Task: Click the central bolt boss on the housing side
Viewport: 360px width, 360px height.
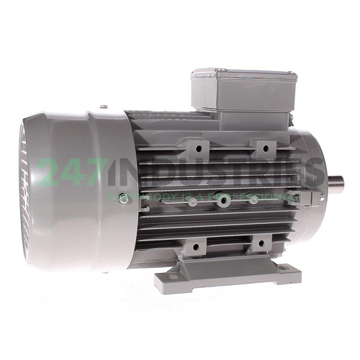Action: (x=224, y=199)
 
